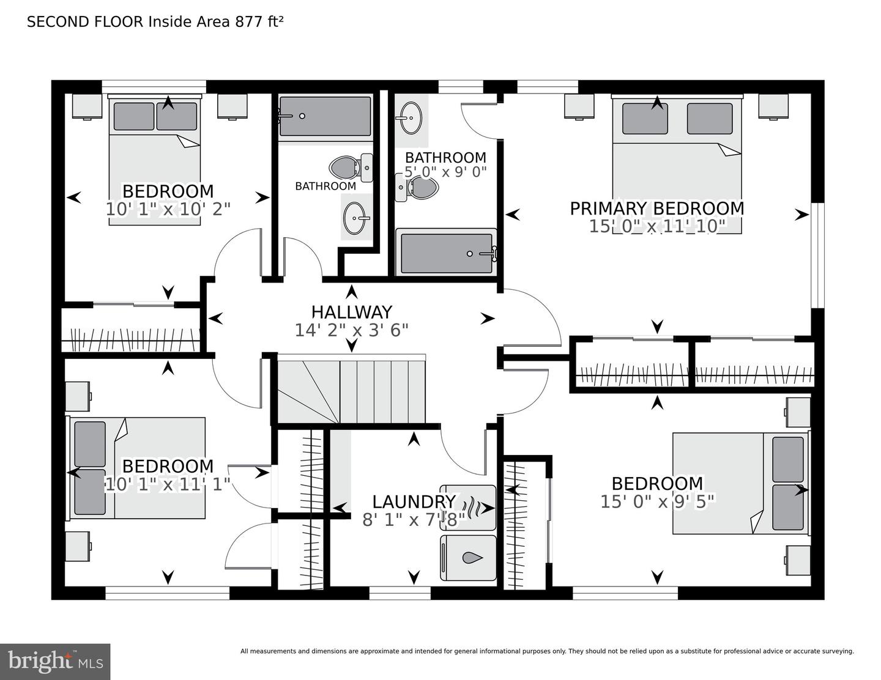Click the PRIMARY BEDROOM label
click(657, 209)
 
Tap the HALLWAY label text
click(351, 312)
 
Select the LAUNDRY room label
click(414, 502)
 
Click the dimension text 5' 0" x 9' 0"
click(445, 172)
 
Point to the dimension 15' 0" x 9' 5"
click(657, 502)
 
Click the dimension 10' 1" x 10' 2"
click(168, 209)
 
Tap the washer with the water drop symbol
click(468, 558)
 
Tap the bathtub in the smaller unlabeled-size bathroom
click(325, 116)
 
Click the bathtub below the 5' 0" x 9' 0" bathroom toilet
click(446, 253)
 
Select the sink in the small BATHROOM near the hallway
click(356, 217)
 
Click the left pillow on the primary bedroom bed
click(645, 119)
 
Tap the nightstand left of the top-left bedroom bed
click(87, 106)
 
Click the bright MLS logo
click(55, 662)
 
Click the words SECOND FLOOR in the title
click(85, 22)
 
